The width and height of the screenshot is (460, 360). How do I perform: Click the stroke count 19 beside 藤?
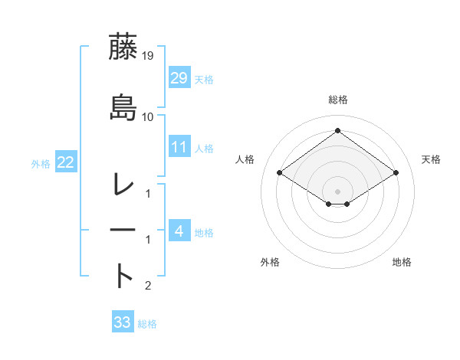[x=148, y=55]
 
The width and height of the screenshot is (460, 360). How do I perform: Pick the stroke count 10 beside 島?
[x=148, y=117]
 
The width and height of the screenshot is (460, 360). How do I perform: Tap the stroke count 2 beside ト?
[x=148, y=286]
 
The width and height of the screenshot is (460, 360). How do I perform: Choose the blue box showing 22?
[x=66, y=162]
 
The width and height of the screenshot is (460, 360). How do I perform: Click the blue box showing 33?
[x=122, y=322]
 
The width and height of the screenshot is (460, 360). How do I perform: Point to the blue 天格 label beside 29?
[x=203, y=79]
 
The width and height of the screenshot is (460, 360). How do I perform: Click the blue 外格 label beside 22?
[x=41, y=163]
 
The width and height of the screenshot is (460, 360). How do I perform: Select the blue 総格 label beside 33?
[x=147, y=324]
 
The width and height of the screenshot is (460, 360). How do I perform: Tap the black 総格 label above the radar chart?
[x=338, y=100]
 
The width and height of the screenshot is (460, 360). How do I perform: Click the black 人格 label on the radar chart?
[x=245, y=159]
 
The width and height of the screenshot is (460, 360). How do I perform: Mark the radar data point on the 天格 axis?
[x=396, y=173]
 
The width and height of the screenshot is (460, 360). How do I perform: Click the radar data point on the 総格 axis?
[x=338, y=130]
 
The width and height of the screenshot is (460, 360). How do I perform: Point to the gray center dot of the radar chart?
[x=338, y=191]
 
